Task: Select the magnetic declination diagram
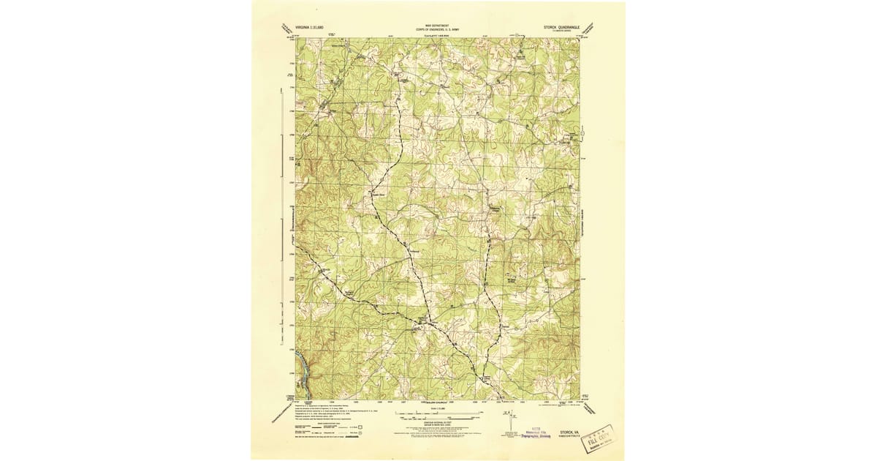506,421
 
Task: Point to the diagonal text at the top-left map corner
284,29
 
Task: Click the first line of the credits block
322,404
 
